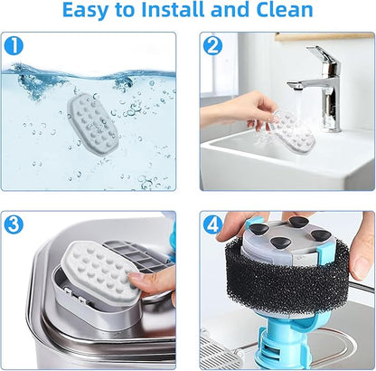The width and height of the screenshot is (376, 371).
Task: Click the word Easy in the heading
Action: pos(85,11)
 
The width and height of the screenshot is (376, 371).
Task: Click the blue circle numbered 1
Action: pos(14,46)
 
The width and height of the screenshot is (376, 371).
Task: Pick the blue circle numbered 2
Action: pos(212,46)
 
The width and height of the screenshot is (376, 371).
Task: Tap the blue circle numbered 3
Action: pos(14,225)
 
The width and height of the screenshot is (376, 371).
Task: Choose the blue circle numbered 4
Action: pos(212,225)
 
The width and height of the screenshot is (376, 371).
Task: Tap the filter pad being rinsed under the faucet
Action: pos(293,131)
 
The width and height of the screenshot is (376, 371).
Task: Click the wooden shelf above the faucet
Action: pos(324,36)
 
